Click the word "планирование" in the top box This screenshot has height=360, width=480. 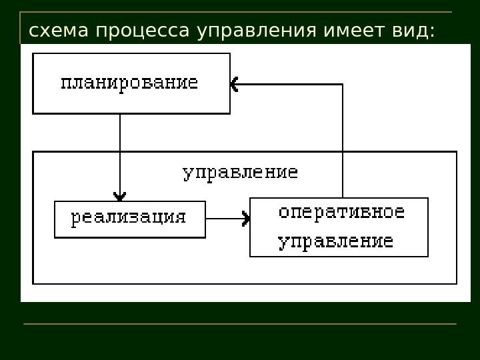[129, 83]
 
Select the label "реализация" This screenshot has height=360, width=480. [128, 218]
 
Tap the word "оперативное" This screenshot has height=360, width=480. [341, 213]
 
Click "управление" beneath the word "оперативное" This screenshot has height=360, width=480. [335, 241]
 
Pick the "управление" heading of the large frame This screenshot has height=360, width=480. [240, 173]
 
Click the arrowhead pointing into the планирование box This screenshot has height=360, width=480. [234, 84]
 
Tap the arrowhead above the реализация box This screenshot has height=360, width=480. [120, 196]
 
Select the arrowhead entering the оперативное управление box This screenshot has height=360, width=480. [247, 218]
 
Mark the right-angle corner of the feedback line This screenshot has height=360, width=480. [343, 85]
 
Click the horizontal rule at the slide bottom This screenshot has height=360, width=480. [240, 324]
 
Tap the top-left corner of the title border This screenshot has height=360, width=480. [21, 13]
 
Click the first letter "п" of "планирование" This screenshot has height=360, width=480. [65, 83]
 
